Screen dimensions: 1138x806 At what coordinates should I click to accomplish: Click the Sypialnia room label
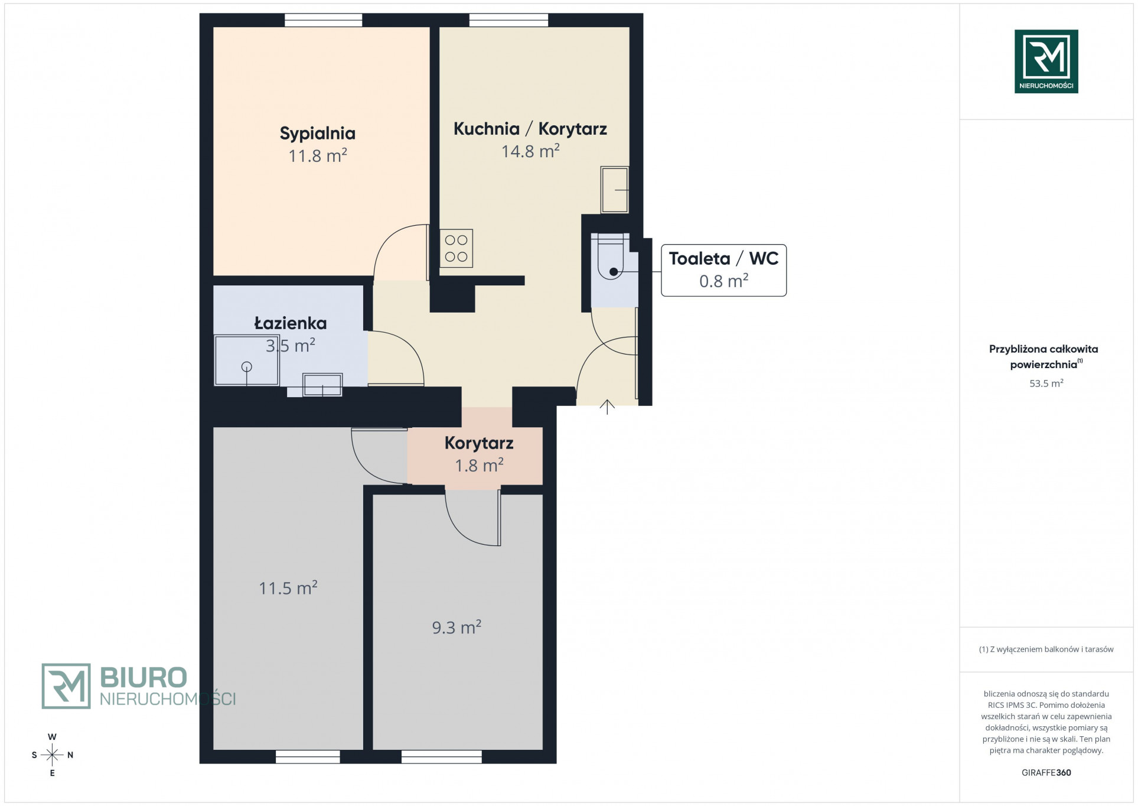(x=317, y=134)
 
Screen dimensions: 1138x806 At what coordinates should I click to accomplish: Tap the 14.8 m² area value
(x=530, y=151)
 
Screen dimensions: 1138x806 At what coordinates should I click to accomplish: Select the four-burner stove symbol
(x=456, y=248)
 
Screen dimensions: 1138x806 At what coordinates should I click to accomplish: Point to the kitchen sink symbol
(x=614, y=190)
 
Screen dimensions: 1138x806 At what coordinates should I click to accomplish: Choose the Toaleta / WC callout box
(x=723, y=270)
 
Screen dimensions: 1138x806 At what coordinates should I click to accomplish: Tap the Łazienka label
(x=290, y=323)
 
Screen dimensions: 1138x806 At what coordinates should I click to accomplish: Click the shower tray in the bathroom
(x=246, y=360)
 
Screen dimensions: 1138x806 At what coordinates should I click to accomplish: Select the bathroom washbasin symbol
(x=322, y=385)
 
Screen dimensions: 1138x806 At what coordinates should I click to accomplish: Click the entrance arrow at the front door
(x=607, y=407)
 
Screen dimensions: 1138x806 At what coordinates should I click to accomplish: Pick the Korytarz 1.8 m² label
(x=479, y=454)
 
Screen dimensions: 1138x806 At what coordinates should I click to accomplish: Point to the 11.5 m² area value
(x=288, y=588)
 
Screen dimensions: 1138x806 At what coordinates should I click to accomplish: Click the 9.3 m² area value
(x=456, y=627)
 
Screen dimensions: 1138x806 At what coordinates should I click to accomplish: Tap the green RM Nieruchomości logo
(x=1046, y=61)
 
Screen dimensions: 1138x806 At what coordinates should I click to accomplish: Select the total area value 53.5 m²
(x=1046, y=383)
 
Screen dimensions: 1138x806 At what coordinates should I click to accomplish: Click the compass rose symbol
(x=52, y=755)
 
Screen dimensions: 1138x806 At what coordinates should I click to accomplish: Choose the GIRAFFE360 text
(x=1046, y=772)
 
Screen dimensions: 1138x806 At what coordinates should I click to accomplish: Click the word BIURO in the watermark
(x=144, y=677)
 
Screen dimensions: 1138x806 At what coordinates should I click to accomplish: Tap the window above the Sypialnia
(x=323, y=20)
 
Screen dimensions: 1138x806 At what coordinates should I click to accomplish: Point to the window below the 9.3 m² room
(x=441, y=756)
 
